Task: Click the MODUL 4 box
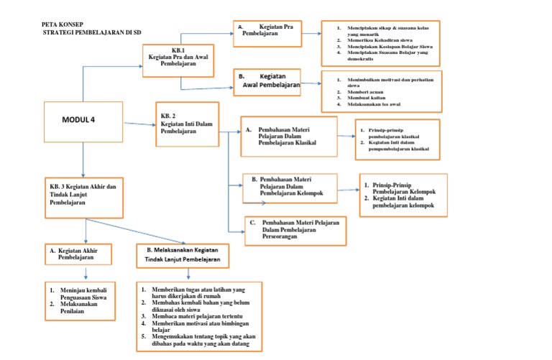click(x=83, y=124)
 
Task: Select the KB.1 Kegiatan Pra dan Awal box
click(x=179, y=60)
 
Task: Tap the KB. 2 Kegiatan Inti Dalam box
click(x=187, y=124)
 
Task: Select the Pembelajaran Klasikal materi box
click(x=287, y=137)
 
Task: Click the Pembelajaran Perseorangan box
click(x=295, y=231)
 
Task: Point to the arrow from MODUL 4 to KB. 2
click(x=139, y=125)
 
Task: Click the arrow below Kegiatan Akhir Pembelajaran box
click(x=86, y=274)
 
